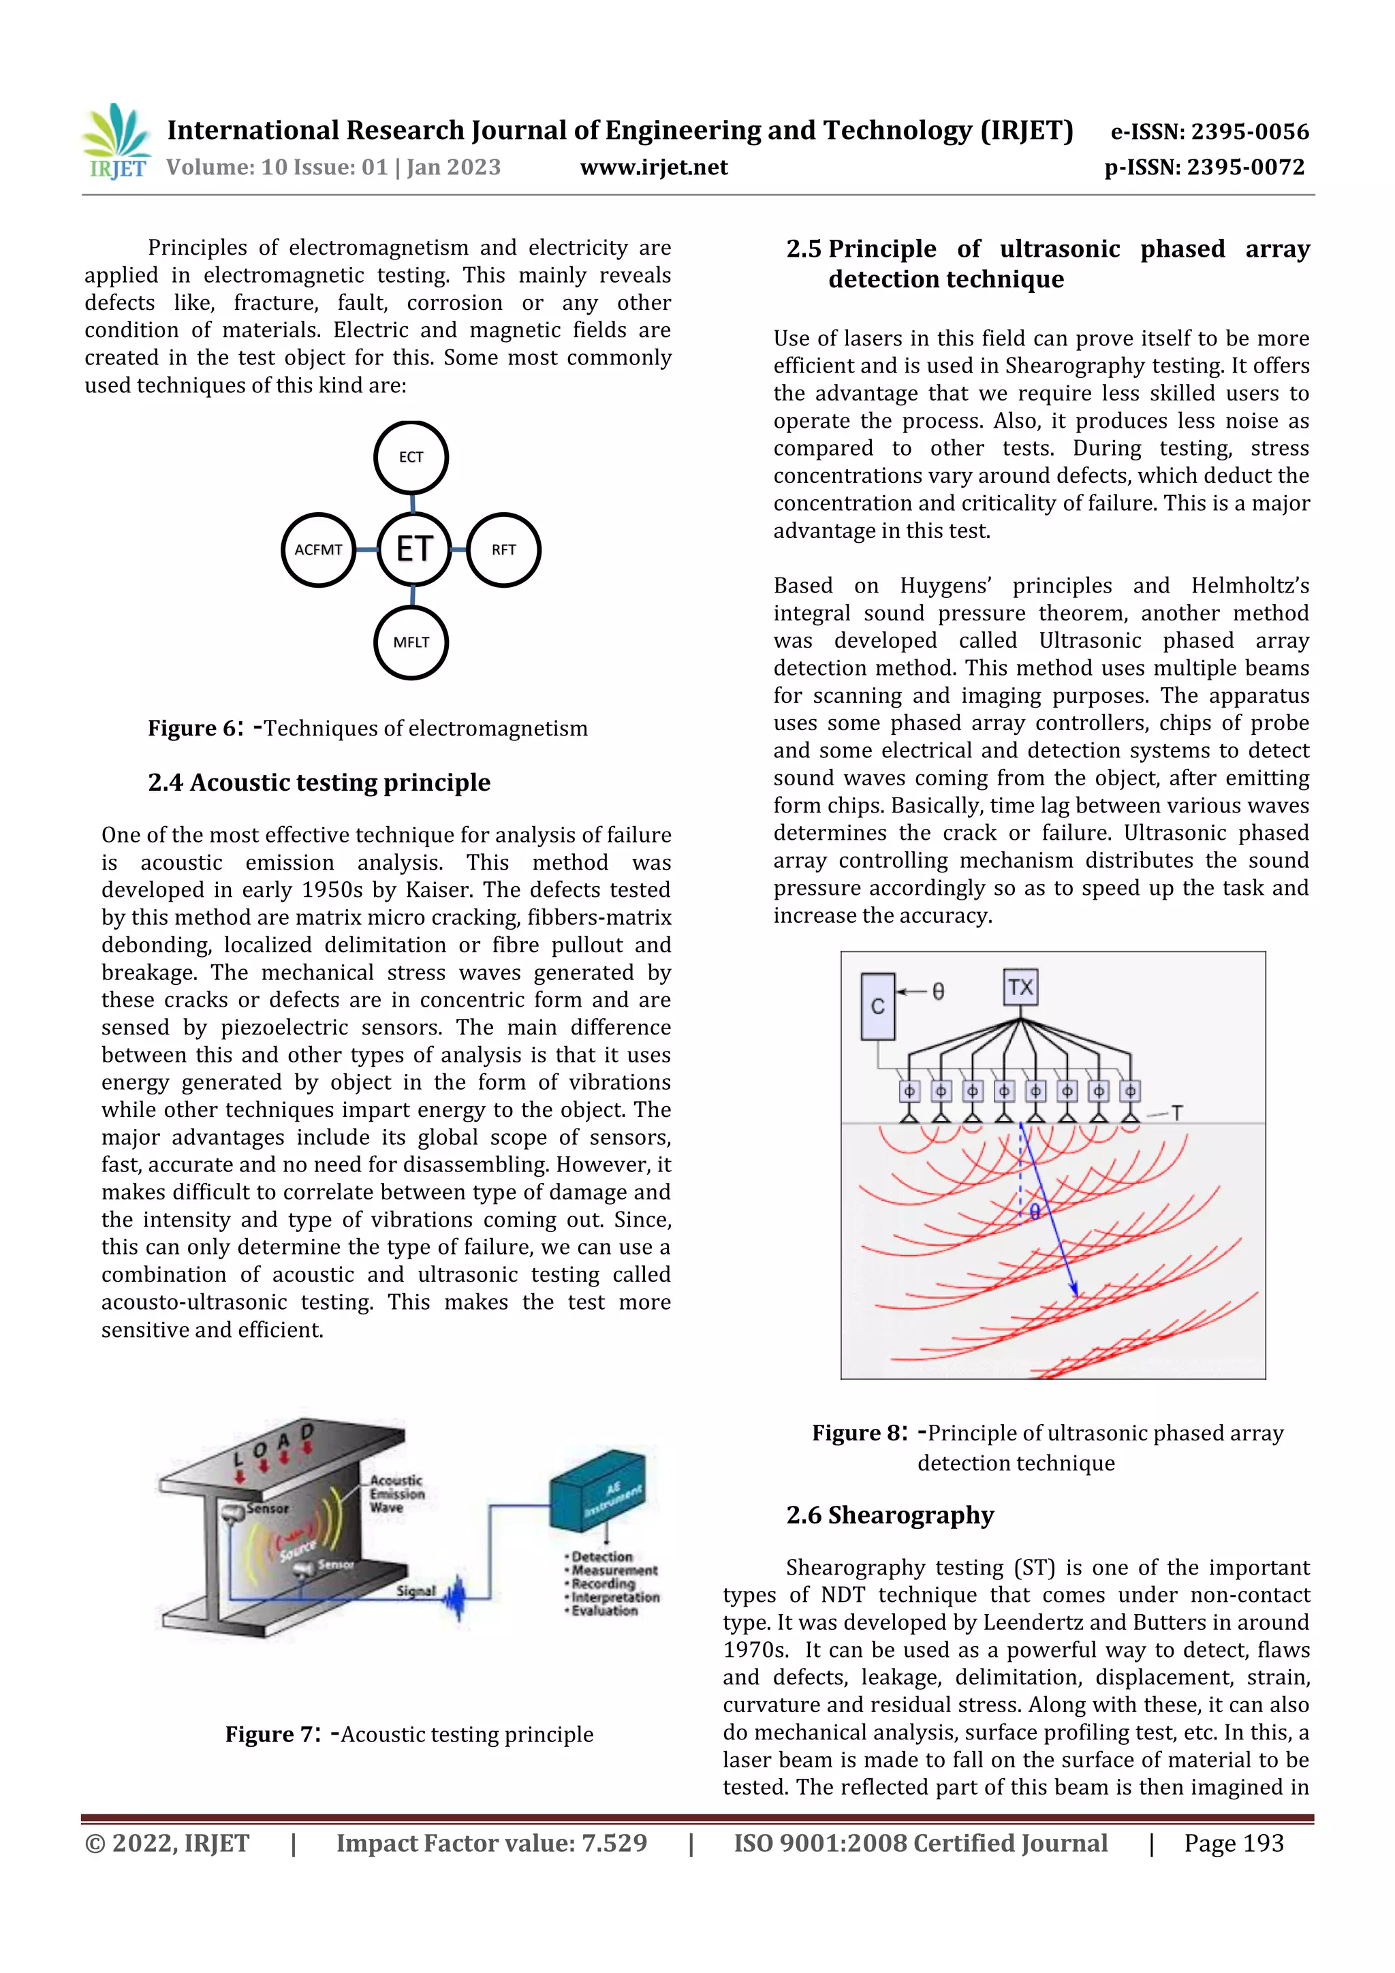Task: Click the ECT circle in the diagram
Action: (x=411, y=457)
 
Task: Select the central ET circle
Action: (x=413, y=549)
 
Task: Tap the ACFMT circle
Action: (x=319, y=550)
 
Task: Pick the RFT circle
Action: (x=503, y=550)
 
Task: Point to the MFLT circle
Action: (x=411, y=642)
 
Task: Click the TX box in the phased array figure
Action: (x=1020, y=988)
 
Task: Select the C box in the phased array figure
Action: (x=877, y=1007)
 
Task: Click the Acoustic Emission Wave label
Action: (x=396, y=1494)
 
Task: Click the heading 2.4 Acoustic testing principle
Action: (x=319, y=783)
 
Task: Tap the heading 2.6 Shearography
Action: (x=890, y=1515)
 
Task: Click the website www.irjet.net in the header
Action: (x=653, y=168)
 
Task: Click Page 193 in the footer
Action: (x=1234, y=1843)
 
